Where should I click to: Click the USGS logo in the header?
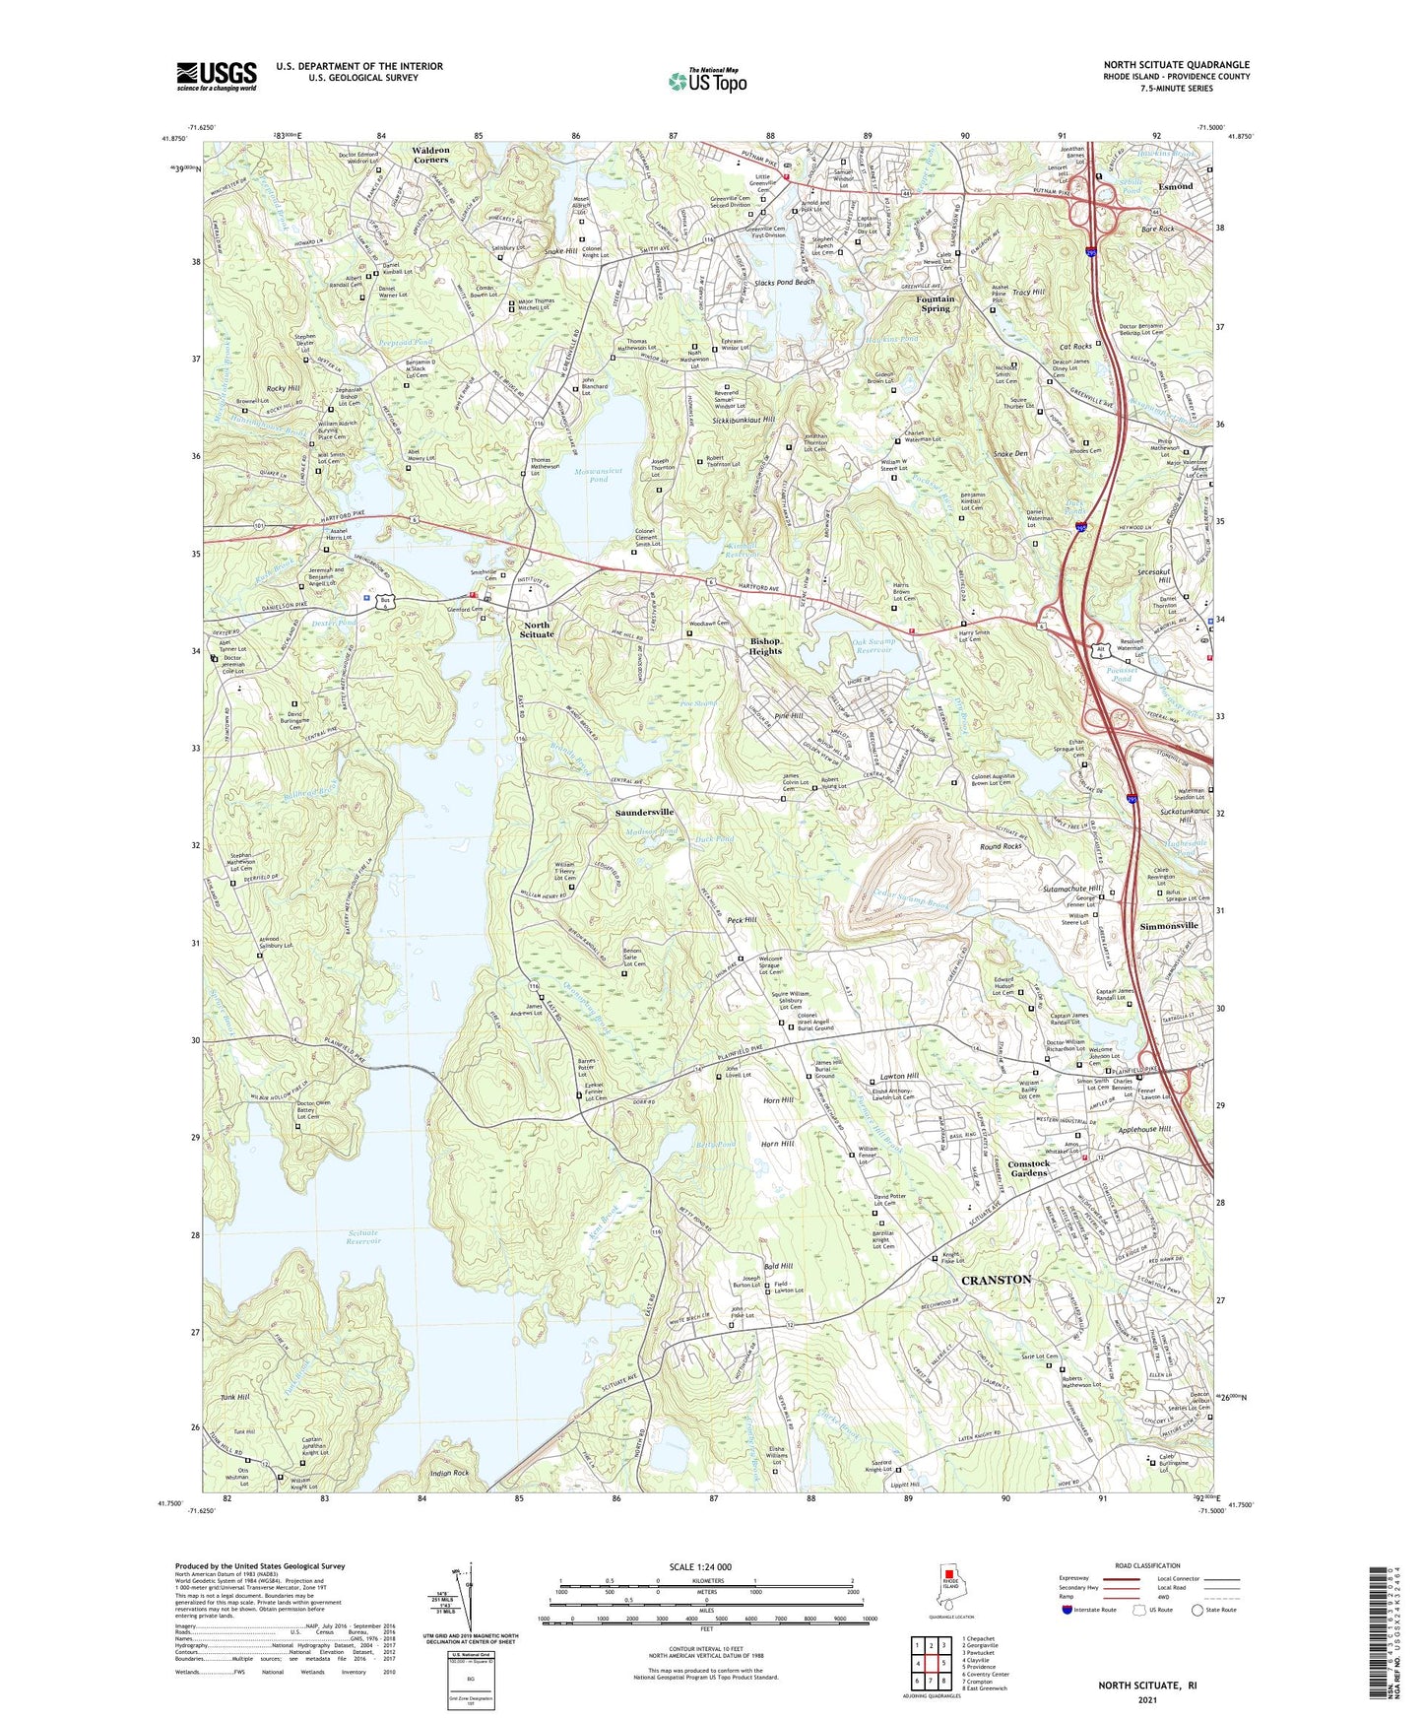216,76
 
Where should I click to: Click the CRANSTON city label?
996,1280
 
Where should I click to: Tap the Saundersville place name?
644,812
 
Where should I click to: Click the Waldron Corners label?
430,155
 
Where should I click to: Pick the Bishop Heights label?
764,646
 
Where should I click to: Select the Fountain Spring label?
935,303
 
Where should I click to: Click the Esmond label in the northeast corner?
1175,186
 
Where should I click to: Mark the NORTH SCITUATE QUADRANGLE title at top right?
1176,65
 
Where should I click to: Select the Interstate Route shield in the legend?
1067,1610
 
